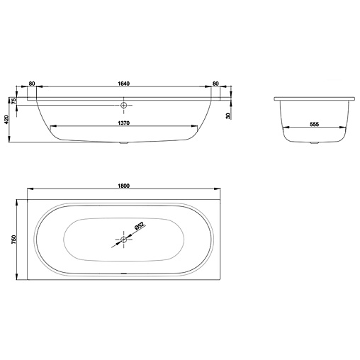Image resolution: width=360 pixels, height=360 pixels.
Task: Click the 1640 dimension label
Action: pyautogui.click(x=124, y=84)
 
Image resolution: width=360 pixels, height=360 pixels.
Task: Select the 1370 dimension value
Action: pyautogui.click(x=124, y=123)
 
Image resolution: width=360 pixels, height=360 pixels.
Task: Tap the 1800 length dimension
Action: pyautogui.click(x=124, y=186)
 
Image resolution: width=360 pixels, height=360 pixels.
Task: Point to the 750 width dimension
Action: pyautogui.click(x=13, y=240)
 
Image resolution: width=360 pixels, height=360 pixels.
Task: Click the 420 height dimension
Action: pyautogui.click(x=6, y=120)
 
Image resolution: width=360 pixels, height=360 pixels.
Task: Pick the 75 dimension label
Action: pyautogui.click(x=14, y=101)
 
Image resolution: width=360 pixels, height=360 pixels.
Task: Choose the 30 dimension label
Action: pyautogui.click(x=228, y=116)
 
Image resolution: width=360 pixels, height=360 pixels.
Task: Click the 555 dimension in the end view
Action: pyautogui.click(x=315, y=124)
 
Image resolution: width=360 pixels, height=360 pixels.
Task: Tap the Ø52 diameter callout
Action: pyautogui.click(x=139, y=226)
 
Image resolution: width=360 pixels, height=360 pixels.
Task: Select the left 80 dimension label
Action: pyautogui.click(x=32, y=84)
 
